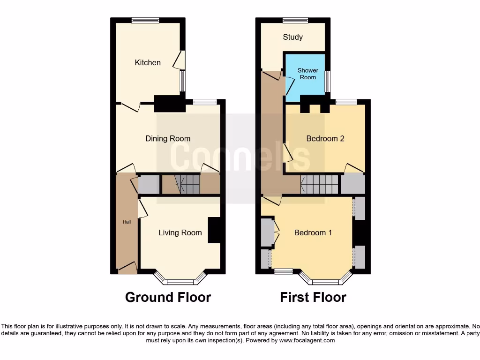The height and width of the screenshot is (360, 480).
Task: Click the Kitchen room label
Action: pos(148,62)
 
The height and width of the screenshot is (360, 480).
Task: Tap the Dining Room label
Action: pos(168,138)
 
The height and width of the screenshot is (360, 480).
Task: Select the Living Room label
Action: pos(180,232)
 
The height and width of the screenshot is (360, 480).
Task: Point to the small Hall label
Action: pos(127,222)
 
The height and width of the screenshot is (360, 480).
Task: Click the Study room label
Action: pos(292,37)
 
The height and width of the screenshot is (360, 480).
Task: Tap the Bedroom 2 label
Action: pos(325,138)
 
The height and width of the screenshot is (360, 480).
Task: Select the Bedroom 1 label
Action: pos(313,232)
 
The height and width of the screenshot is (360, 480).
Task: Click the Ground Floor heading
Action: pos(168,297)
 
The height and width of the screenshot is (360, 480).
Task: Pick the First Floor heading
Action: pos(313,297)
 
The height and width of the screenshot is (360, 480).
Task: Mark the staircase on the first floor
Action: pos(320,184)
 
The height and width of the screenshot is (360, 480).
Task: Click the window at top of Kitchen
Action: pos(145,20)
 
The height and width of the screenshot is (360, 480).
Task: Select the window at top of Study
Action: pos(295,20)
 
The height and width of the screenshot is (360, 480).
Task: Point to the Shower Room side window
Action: pos(328,82)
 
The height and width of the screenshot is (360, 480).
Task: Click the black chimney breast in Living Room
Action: pos(214,230)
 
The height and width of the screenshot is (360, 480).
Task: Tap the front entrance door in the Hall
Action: pos(127,268)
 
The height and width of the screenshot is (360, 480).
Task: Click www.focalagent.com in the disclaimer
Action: pos(307,340)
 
